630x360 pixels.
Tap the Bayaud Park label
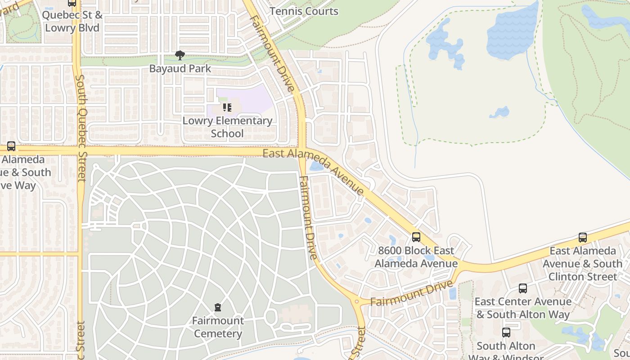click(180, 69)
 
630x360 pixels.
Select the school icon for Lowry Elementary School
click(227, 108)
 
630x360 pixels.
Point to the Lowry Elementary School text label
click(227, 127)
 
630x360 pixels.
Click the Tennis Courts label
click(304, 11)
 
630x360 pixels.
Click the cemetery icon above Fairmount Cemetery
click(218, 308)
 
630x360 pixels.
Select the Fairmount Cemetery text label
click(218, 327)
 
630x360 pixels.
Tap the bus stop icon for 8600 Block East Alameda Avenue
click(416, 237)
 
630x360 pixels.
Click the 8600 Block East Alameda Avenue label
click(416, 257)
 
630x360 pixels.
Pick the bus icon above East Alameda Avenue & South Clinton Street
click(583, 237)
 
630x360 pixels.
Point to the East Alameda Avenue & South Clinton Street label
click(583, 263)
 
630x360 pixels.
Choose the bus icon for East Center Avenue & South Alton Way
click(522, 288)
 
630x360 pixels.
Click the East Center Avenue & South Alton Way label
click(523, 308)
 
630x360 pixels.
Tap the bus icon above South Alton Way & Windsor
click(506, 333)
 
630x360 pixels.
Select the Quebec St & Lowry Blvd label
click(72, 21)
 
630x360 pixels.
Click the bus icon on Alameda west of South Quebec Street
click(11, 146)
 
